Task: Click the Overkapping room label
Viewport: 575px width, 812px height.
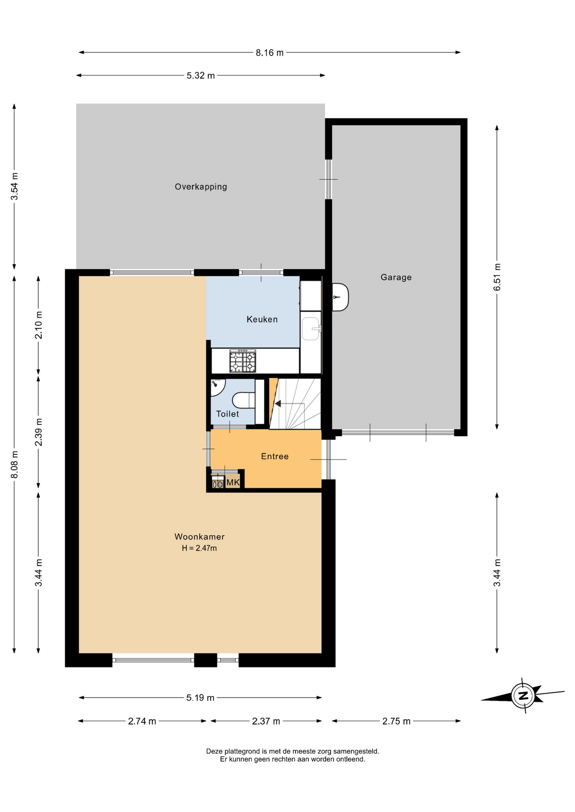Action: point(201,187)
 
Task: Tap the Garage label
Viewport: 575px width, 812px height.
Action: point(396,277)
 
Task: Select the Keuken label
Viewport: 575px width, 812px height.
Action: point(262,319)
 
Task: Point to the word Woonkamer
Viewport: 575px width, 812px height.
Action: point(199,537)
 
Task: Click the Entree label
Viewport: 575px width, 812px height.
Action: point(275,456)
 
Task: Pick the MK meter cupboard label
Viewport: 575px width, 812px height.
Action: point(233,483)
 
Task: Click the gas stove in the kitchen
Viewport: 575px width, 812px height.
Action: point(243,361)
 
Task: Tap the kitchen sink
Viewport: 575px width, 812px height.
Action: point(311,329)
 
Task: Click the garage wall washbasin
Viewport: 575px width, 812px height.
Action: point(340,297)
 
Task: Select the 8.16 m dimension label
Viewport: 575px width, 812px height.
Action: point(269,53)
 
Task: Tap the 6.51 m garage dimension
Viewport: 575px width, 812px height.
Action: point(497,277)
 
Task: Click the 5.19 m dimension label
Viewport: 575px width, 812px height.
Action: point(200,698)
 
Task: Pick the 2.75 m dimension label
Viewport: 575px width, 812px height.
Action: point(396,721)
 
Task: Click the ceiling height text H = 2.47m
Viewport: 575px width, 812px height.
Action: point(199,549)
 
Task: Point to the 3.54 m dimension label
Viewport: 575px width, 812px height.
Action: point(14,187)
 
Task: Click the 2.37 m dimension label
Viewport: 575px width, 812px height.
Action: point(266,721)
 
